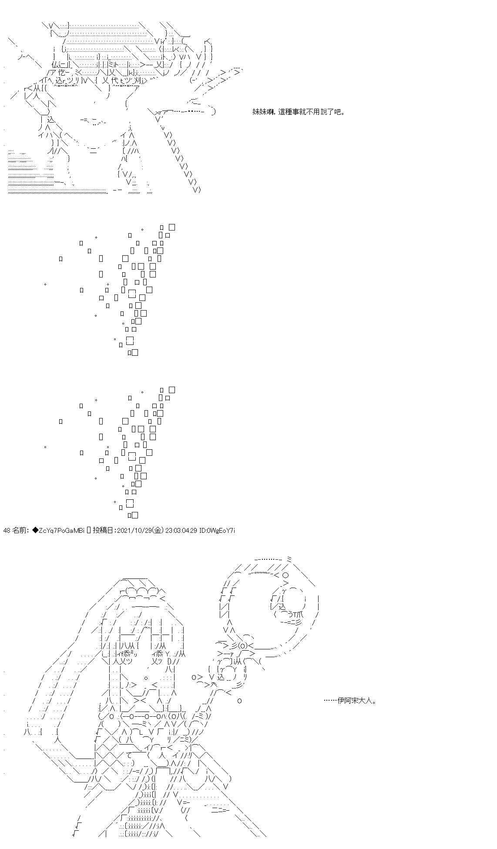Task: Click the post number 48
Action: coord(7,530)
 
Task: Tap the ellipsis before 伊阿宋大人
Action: coord(331,701)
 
